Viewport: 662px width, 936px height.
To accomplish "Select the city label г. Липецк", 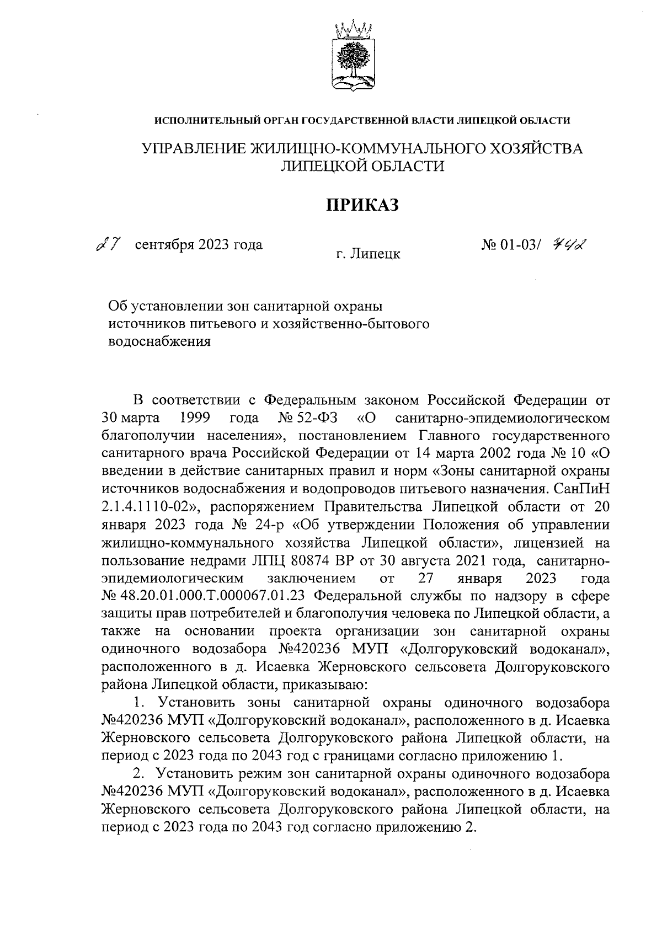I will (x=368, y=254).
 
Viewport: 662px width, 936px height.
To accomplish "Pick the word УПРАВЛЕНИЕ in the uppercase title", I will (x=195, y=149).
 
